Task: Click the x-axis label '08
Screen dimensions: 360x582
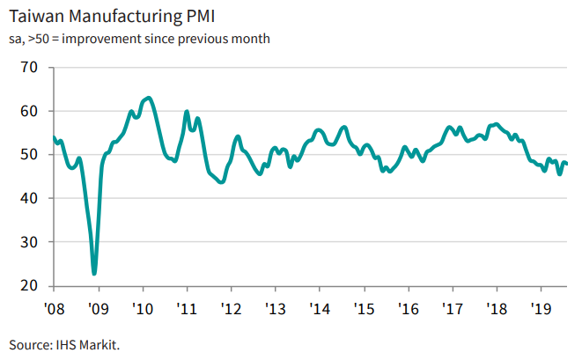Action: (54, 309)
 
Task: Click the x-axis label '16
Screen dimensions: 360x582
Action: (409, 309)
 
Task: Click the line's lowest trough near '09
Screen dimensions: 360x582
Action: (94, 273)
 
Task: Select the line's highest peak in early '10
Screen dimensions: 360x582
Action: (148, 98)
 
